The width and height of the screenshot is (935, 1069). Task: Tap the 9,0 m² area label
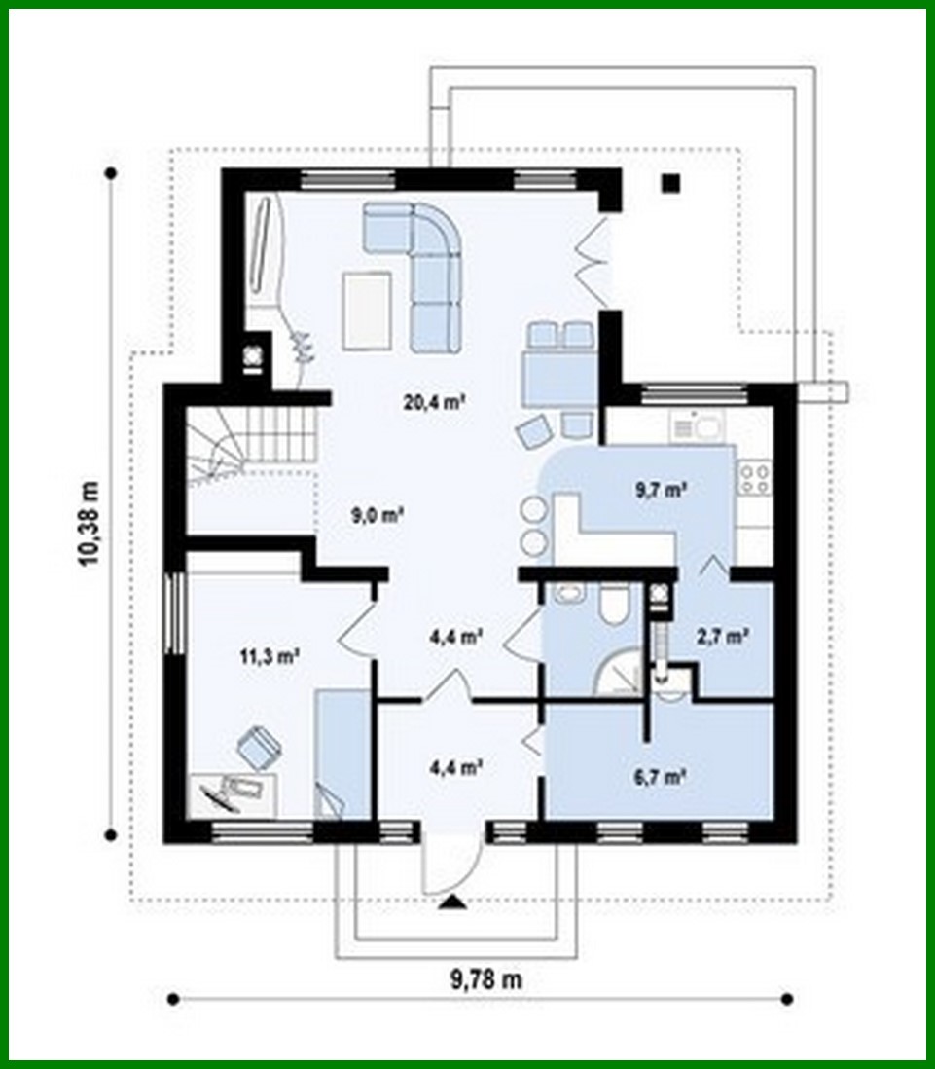[378, 516]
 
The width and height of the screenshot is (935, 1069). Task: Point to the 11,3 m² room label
[270, 656]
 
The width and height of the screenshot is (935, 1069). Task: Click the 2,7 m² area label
[721, 638]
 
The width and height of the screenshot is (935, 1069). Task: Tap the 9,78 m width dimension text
[485, 980]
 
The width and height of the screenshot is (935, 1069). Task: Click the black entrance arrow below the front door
[452, 903]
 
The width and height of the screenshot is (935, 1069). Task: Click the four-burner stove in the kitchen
[755, 478]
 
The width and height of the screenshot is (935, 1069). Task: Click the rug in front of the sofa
[367, 311]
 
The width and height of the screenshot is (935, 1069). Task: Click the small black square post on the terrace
[669, 183]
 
